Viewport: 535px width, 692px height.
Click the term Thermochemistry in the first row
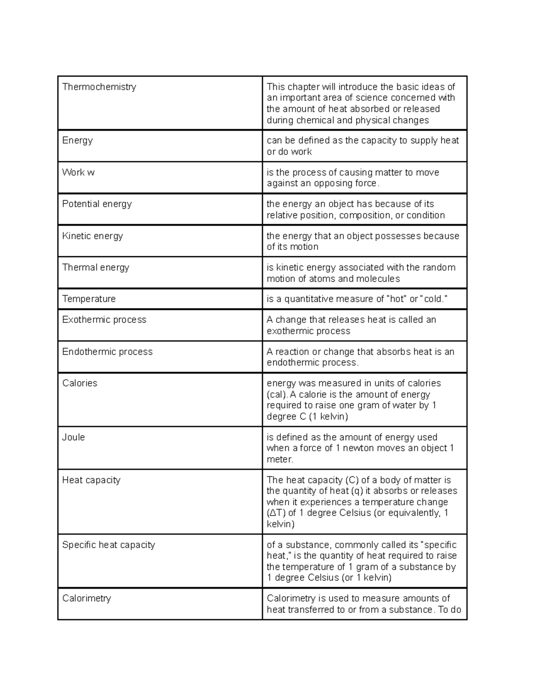pyautogui.click(x=99, y=87)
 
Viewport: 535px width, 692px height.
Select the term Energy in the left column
pyautogui.click(x=78, y=140)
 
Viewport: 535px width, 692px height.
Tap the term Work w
pyautogui.click(x=78, y=172)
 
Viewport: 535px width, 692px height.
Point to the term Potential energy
pyautogui.click(x=97, y=204)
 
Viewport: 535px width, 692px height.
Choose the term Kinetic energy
pyautogui.click(x=92, y=236)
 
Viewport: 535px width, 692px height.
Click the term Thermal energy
pyautogui.click(x=95, y=267)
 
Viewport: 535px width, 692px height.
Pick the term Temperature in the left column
pyautogui.click(x=89, y=299)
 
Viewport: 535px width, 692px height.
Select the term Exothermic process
pyautogui.click(x=104, y=319)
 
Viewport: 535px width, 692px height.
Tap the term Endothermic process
pyautogui.click(x=107, y=352)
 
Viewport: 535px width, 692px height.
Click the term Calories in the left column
pyautogui.click(x=79, y=383)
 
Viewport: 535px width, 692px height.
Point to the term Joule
pyautogui.click(x=73, y=437)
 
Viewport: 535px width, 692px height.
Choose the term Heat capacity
pyautogui.click(x=91, y=480)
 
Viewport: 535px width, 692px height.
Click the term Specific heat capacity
pyautogui.click(x=108, y=545)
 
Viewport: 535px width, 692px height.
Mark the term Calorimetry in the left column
pyautogui.click(x=86, y=598)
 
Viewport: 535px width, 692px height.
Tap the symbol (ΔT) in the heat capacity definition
pyautogui.click(x=276, y=513)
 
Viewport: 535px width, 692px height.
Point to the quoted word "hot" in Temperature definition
pyautogui.click(x=395, y=299)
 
